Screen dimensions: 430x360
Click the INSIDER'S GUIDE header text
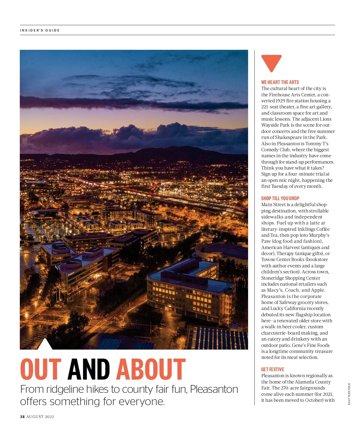40,30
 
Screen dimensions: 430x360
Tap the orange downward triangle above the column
271,62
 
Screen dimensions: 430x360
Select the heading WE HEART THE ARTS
280,82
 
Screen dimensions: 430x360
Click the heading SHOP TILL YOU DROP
280,198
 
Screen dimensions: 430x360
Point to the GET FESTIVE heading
272,369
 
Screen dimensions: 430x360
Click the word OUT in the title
41,369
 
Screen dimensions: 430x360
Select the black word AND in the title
89,369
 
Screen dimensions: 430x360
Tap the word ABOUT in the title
151,369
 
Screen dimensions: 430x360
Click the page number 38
22,417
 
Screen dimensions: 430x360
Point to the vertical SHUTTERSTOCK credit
349,394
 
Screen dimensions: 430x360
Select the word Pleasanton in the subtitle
214,389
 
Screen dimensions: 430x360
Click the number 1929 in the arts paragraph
280,101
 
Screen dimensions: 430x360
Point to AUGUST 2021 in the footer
40,417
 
